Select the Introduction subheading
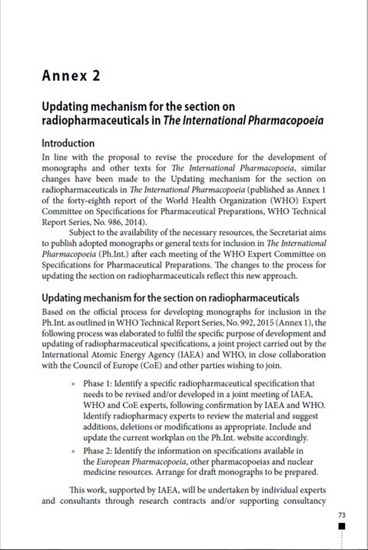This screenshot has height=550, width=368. click(68, 143)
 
